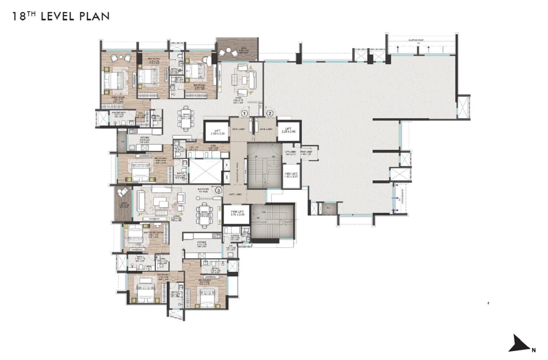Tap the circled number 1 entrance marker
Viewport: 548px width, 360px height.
[x=244, y=113]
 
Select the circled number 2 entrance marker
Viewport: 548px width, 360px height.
[x=270, y=113]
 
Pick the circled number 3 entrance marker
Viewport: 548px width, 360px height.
[x=218, y=190]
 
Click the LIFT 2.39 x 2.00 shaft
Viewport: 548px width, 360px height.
[x=217, y=132]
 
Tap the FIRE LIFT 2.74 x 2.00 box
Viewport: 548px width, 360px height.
[x=237, y=214]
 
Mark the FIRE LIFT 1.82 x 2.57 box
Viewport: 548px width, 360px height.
[x=291, y=175]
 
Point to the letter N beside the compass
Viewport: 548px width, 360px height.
[x=533, y=350]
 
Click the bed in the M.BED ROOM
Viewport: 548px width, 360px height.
[x=113, y=80]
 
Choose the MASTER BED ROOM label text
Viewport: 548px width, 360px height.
[x=154, y=232]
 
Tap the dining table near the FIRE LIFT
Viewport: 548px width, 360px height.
[x=204, y=215]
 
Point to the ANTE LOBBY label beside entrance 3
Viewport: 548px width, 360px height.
[x=236, y=194]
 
